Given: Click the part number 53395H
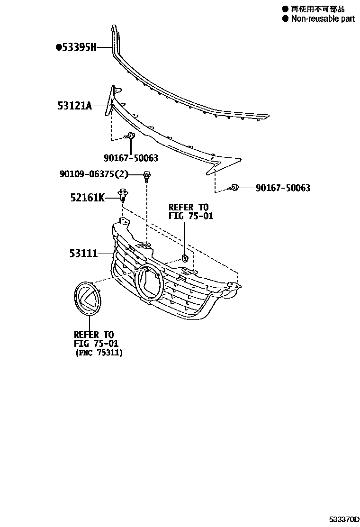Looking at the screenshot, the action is (79, 47).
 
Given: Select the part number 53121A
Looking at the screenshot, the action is (74, 106).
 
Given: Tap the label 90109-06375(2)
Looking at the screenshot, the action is (94, 174).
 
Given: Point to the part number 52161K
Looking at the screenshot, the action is (88, 197).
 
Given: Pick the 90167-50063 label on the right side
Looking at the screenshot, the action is (283, 188).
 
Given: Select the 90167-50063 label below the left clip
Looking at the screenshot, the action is (131, 158).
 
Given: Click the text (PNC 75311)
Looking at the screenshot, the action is (99, 353).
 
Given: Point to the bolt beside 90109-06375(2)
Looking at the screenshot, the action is (147, 176).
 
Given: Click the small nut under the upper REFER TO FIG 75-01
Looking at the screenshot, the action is (184, 258).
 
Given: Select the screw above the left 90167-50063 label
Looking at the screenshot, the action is (131, 137).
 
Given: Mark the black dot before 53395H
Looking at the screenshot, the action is (58, 47).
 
